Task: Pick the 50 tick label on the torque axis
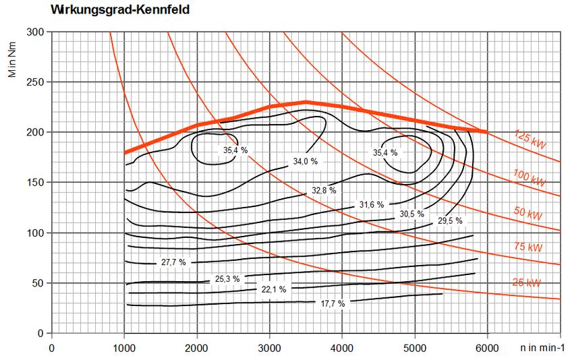(38, 283)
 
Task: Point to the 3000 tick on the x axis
(269, 348)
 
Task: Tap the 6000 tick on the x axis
(486, 348)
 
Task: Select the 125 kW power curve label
(529, 139)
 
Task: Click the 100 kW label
(528, 178)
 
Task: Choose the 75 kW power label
(528, 247)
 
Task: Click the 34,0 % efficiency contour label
(305, 162)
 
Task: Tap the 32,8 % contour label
(324, 191)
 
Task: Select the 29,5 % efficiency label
(450, 220)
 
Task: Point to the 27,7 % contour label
(173, 262)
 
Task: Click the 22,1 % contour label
(273, 289)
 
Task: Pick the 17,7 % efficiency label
(332, 303)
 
